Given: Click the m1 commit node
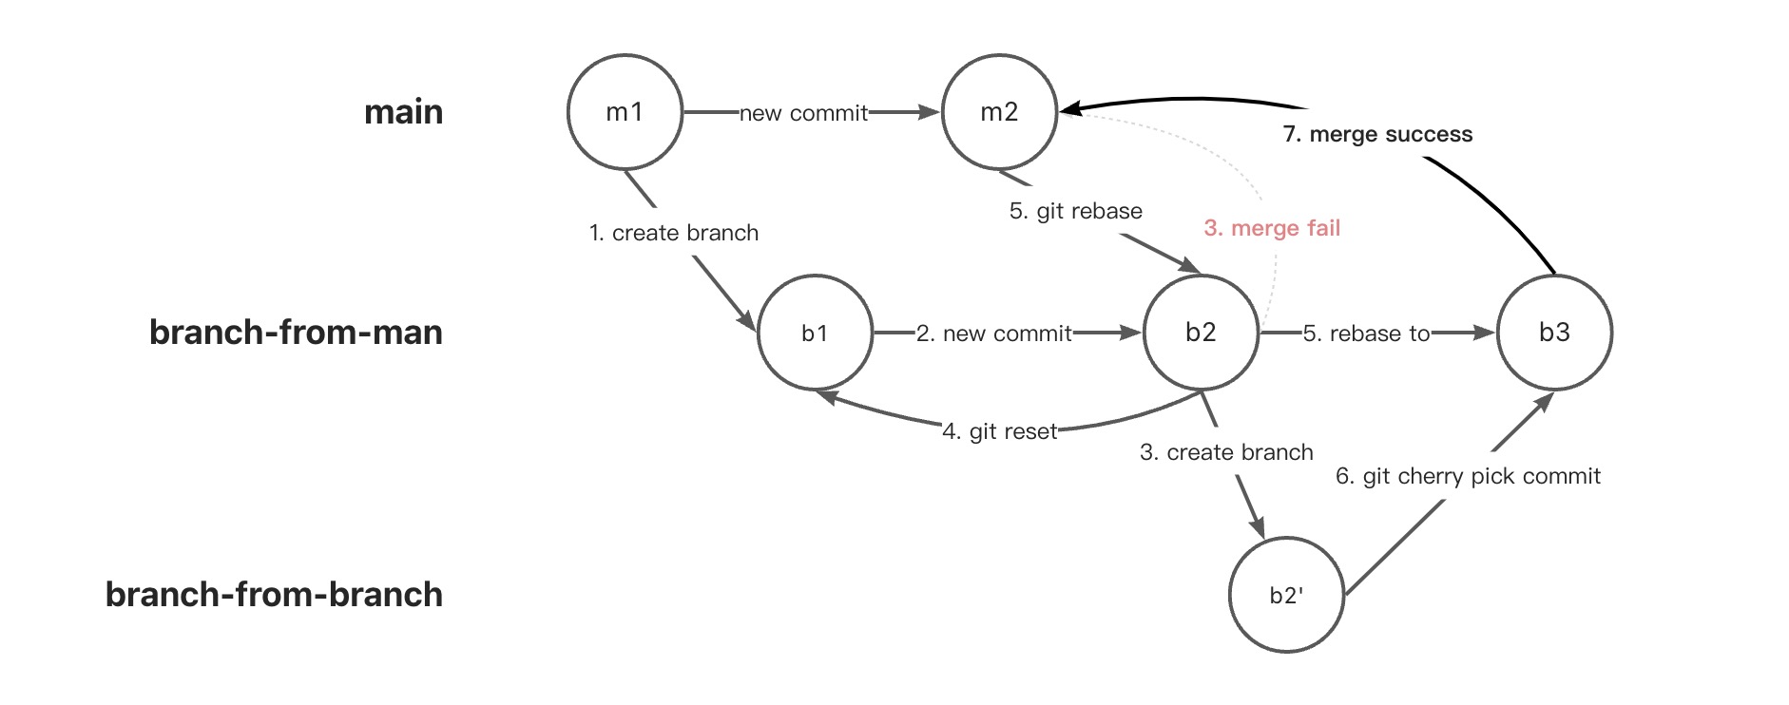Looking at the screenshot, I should [625, 112].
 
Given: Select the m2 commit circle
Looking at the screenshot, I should [999, 112].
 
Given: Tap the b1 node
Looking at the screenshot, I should [815, 333].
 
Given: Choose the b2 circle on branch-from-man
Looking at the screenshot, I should [1201, 333].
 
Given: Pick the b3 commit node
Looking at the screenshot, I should [1554, 333].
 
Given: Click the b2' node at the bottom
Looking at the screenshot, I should [1286, 595].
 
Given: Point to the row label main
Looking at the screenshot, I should [403, 112].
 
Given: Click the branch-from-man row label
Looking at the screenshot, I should [296, 333].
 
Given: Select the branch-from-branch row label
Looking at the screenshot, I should [274, 595].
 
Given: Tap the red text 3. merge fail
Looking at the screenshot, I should [1272, 228].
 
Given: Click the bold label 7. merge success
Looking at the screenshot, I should [1377, 134].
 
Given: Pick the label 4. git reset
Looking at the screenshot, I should [999, 431].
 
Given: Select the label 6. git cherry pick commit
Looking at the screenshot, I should [1468, 476].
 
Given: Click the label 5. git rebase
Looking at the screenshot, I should [1075, 211].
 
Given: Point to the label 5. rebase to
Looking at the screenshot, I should [1366, 333].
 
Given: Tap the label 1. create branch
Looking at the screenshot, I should [673, 233].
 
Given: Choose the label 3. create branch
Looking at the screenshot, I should [1226, 452].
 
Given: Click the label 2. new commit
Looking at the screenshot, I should [993, 333].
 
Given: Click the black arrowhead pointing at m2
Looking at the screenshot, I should [1071, 109].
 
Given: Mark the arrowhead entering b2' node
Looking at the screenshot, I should [1258, 527].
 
